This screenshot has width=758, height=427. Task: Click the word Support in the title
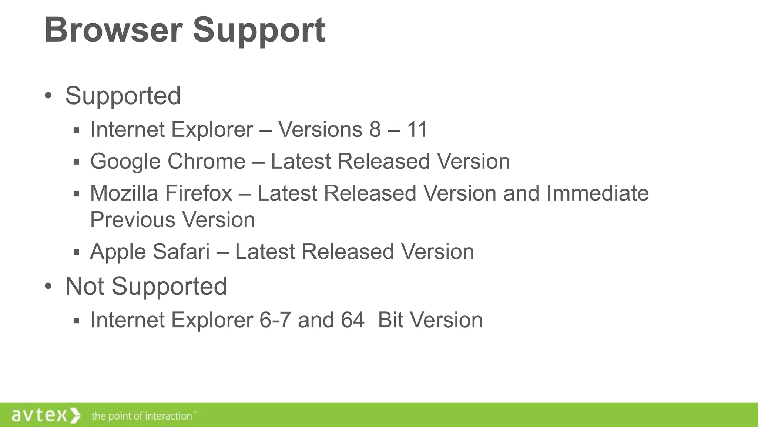pyautogui.click(x=259, y=30)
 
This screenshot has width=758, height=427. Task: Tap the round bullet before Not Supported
pyautogui.click(x=48, y=286)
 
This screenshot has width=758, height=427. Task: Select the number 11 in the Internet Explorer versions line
pyautogui.click(x=417, y=129)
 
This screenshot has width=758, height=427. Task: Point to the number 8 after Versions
pyautogui.click(x=375, y=129)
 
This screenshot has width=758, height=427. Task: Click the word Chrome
pyautogui.click(x=206, y=161)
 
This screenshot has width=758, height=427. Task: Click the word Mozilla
pyautogui.click(x=124, y=193)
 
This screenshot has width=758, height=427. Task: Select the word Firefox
pyautogui.click(x=198, y=193)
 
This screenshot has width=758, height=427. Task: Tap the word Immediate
pyautogui.click(x=597, y=193)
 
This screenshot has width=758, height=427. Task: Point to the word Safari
pyautogui.click(x=181, y=252)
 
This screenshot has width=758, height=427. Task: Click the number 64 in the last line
pyautogui.click(x=352, y=320)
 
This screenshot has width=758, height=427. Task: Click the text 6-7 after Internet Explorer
pyautogui.click(x=275, y=320)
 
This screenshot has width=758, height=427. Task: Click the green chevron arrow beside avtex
pyautogui.click(x=75, y=415)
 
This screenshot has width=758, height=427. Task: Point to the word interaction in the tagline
pyautogui.click(x=168, y=416)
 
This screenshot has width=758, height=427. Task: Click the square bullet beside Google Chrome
pyautogui.click(x=77, y=162)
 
